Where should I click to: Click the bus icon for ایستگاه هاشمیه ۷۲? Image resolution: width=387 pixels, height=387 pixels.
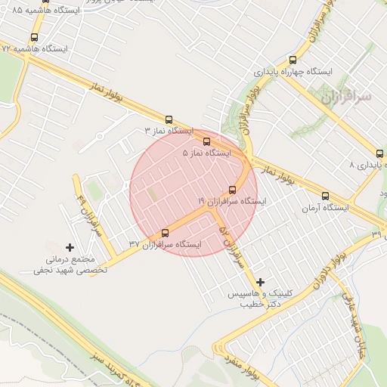pyautogui.click(x=34, y=38)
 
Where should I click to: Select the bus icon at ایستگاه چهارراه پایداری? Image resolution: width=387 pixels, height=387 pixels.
pyautogui.click(x=293, y=60)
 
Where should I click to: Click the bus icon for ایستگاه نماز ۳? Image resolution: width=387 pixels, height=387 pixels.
pyautogui.click(x=169, y=119)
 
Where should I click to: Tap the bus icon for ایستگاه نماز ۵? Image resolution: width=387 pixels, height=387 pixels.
pyautogui.click(x=207, y=141)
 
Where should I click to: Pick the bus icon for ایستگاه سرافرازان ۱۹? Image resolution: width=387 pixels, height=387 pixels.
pyautogui.click(x=232, y=190)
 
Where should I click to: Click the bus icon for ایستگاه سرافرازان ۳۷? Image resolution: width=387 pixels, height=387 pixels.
pyautogui.click(x=166, y=233)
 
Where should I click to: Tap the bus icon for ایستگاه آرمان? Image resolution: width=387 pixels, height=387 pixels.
pyautogui.click(x=325, y=196)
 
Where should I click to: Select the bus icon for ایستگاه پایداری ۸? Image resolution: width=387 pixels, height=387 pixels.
pyautogui.click(x=379, y=153)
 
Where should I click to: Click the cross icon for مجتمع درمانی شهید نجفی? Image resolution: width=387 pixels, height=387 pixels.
pyautogui.click(x=70, y=246)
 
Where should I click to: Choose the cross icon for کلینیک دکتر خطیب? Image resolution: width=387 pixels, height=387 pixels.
pyautogui.click(x=261, y=282)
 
